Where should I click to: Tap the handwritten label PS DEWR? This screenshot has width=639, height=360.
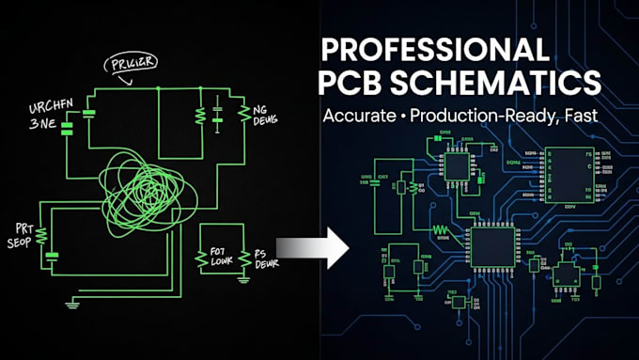tap(266, 260)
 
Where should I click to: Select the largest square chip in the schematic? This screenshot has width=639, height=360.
tap(491, 245)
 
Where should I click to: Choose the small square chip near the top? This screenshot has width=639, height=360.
tap(458, 166)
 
